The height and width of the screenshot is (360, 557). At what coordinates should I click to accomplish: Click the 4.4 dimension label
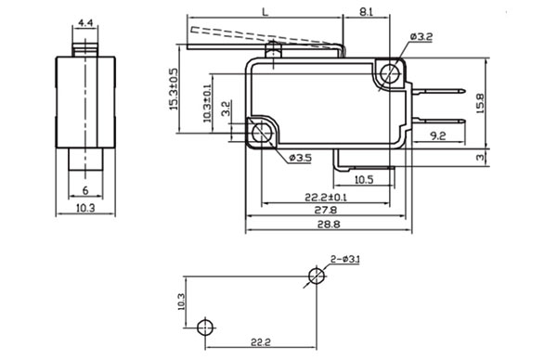[85, 23]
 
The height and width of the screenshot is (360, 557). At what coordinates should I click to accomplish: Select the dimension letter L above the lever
[265, 12]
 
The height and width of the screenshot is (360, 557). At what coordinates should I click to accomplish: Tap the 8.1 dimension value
[366, 12]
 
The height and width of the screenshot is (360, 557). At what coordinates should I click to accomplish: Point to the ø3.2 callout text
[421, 36]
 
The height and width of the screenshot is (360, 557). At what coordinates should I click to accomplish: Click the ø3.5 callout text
[301, 158]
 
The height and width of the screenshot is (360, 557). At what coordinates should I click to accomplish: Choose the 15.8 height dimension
[480, 103]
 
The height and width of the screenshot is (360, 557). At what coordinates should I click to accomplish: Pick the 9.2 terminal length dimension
[437, 135]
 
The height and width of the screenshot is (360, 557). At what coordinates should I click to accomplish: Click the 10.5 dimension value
[364, 180]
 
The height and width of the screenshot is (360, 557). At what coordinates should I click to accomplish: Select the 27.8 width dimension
[326, 210]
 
